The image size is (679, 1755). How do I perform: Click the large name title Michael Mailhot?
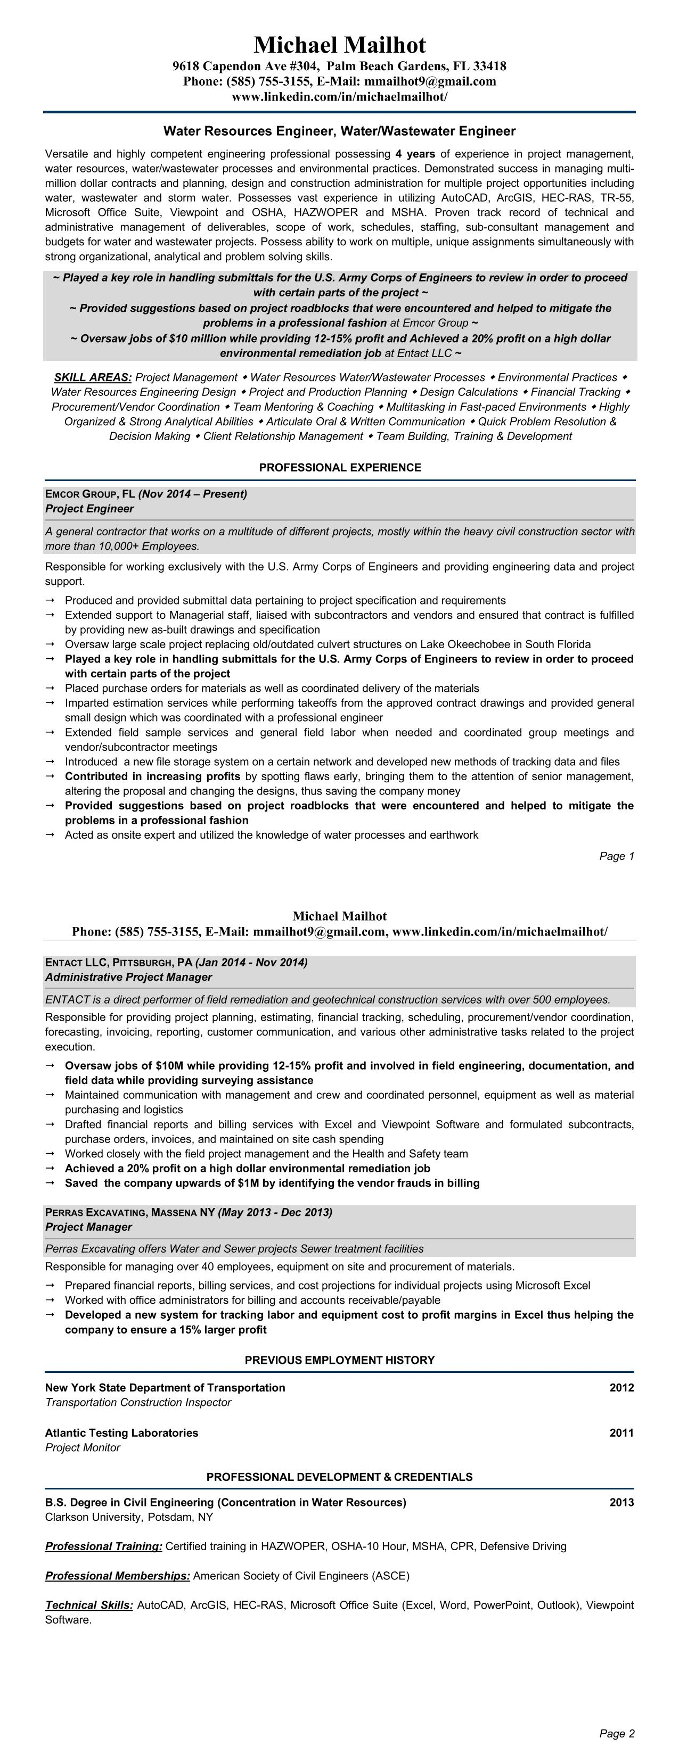click(x=340, y=45)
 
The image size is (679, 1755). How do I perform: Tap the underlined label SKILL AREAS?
click(x=93, y=377)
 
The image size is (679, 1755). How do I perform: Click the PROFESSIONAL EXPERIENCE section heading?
click(x=340, y=467)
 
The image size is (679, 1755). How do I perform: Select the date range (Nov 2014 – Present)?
click(x=193, y=494)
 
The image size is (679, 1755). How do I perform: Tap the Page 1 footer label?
click(x=616, y=856)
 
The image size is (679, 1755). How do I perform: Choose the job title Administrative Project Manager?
click(x=128, y=977)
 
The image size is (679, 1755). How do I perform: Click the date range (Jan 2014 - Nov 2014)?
click(x=251, y=962)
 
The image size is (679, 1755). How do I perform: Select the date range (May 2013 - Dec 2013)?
click(x=275, y=1212)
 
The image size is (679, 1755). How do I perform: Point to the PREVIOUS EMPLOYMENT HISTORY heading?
click(x=340, y=1360)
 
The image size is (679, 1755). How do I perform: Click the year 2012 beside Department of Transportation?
click(x=621, y=1388)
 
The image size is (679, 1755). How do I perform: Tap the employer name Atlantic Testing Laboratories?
click(x=121, y=1433)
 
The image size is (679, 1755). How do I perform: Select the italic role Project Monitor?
click(x=83, y=1448)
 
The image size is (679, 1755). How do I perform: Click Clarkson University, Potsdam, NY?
click(x=129, y=1517)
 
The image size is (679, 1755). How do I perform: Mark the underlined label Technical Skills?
click(x=88, y=1605)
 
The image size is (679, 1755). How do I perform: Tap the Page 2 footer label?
click(x=616, y=1734)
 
